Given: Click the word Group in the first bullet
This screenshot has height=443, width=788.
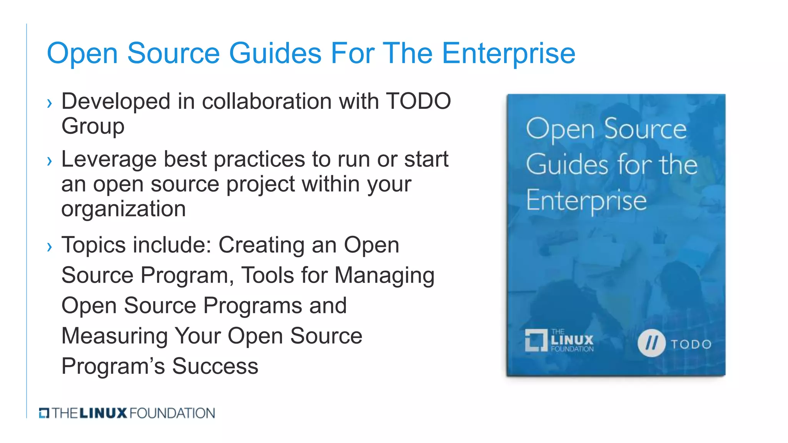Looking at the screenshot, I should pyautogui.click(x=93, y=127).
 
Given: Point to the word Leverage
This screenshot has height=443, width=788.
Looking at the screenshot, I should pyautogui.click(x=109, y=160).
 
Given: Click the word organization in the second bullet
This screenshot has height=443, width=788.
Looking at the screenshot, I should pyautogui.click(x=123, y=209).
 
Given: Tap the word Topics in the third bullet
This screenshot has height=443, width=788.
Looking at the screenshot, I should pyautogui.click(x=99, y=245).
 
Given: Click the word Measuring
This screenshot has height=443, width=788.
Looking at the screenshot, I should pyautogui.click(x=114, y=336).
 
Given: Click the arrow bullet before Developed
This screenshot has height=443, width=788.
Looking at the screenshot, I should pyautogui.click(x=49, y=103).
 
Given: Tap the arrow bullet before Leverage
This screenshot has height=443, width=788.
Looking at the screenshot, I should pyautogui.click(x=49, y=161).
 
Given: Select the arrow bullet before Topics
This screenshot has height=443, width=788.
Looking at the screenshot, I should pyautogui.click(x=49, y=246).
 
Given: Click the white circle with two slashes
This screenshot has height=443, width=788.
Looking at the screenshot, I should pyautogui.click(x=651, y=343).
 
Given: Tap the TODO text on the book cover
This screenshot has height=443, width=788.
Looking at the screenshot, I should pyautogui.click(x=691, y=344).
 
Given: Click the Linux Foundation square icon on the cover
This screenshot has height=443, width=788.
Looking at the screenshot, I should pyautogui.click(x=536, y=340).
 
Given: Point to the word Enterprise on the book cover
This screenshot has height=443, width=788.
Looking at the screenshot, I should pyautogui.click(x=586, y=200).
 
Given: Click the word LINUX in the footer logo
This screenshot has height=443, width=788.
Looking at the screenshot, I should pyautogui.click(x=103, y=413).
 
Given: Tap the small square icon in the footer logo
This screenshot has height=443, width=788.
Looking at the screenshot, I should pyautogui.click(x=44, y=413).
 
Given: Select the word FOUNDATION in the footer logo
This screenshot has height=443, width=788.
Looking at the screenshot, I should pyautogui.click(x=172, y=413).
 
